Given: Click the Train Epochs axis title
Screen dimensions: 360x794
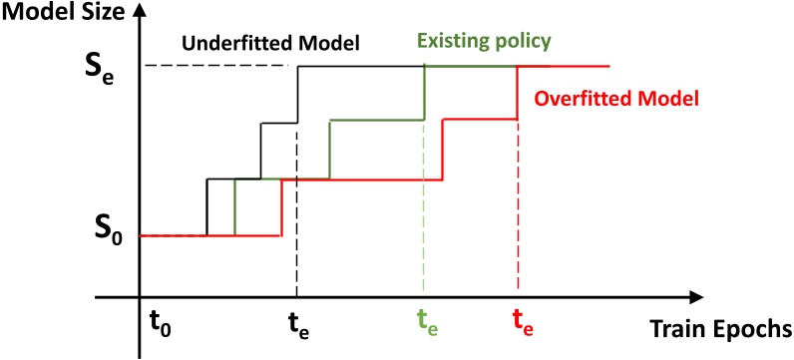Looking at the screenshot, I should click(720, 328).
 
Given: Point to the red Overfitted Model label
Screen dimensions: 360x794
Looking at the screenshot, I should click(614, 99).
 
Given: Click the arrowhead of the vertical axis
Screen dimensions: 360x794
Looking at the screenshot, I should click(140, 13).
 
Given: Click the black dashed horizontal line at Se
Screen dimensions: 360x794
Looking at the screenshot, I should click(219, 66).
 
